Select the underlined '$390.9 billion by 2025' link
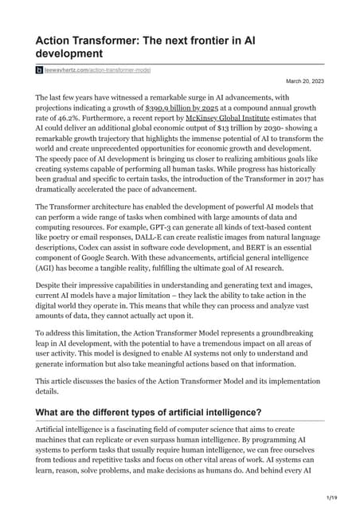tap(183, 106)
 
